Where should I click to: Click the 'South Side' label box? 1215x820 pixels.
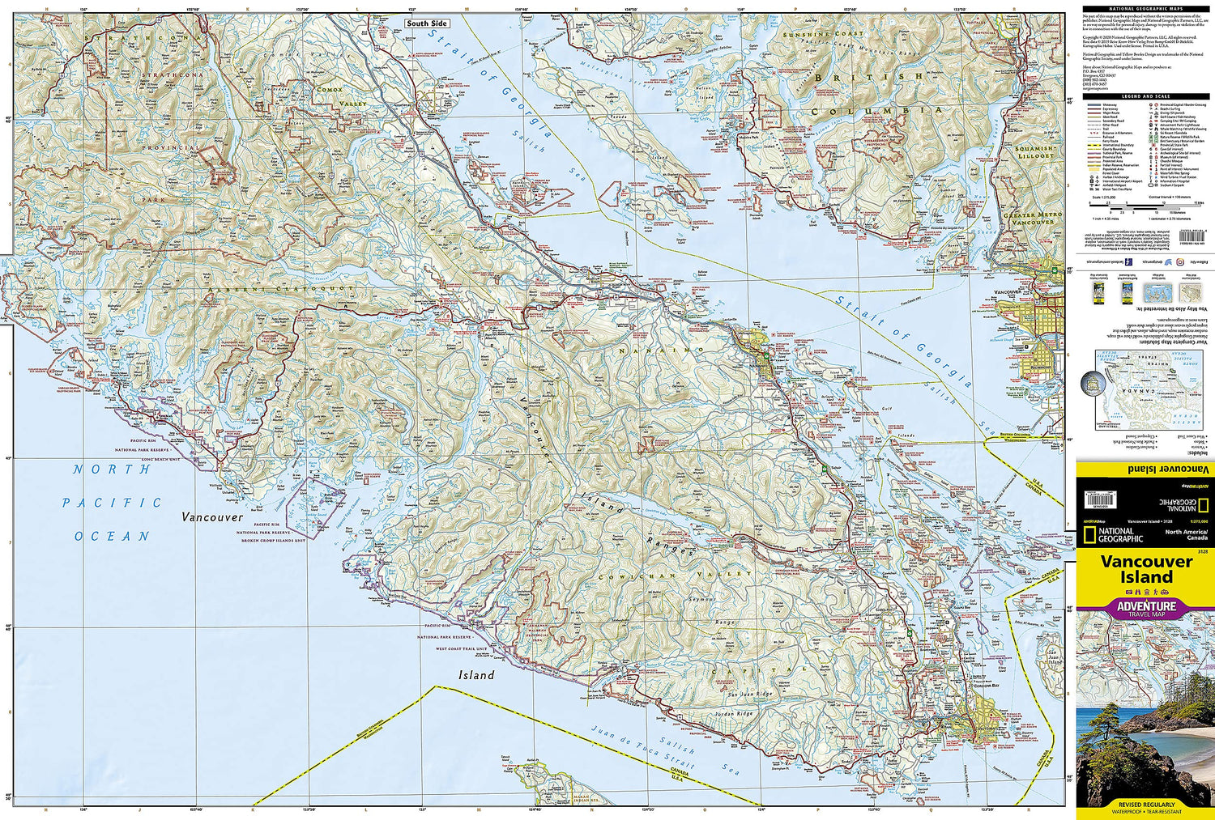click(x=427, y=23)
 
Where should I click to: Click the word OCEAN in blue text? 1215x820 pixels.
click(x=113, y=536)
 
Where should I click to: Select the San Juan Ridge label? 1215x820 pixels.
click(x=749, y=695)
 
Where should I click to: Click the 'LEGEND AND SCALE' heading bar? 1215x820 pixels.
click(x=1145, y=96)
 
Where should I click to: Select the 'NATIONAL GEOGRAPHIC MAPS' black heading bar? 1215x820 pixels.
click(x=1145, y=8)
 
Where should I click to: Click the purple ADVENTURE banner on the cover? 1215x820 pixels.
click(x=1145, y=607)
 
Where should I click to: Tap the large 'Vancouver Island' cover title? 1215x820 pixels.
click(x=1145, y=569)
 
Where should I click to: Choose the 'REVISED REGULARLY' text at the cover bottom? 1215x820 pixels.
click(x=1145, y=804)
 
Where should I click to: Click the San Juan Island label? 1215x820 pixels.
click(x=1053, y=658)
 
